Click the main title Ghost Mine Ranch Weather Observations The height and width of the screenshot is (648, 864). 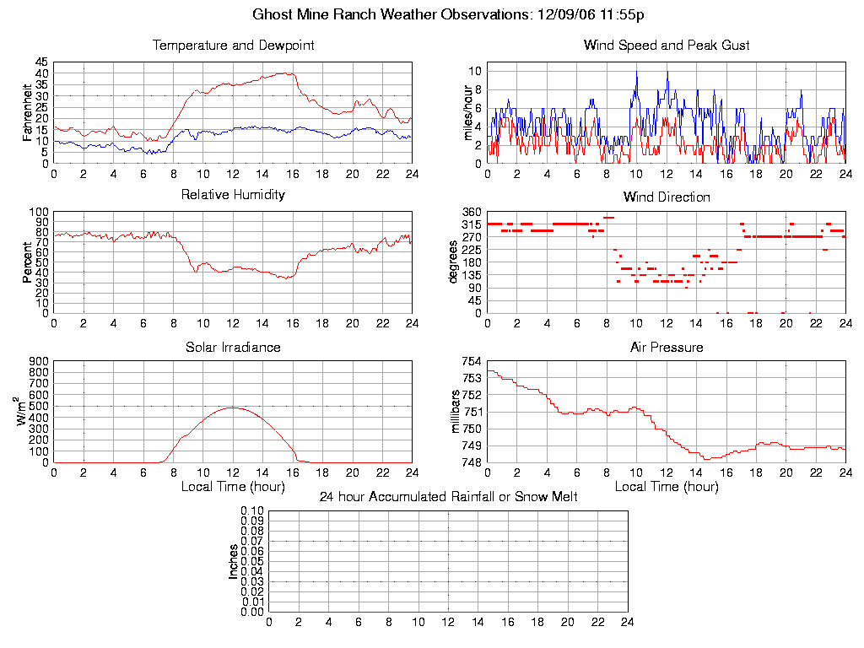tap(449, 14)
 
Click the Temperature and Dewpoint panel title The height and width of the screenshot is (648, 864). tap(233, 46)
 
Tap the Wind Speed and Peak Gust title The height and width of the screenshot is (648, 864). tap(667, 46)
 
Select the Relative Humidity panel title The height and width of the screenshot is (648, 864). tap(233, 195)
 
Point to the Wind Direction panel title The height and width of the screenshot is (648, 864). tap(667, 197)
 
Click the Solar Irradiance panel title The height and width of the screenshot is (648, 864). tap(233, 347)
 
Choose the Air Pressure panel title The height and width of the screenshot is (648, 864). tap(667, 347)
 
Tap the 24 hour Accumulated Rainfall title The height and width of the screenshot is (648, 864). tap(448, 497)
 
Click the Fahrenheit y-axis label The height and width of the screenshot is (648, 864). tap(28, 112)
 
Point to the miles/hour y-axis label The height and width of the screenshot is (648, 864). tap(461, 112)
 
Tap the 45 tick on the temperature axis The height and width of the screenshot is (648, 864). tap(41, 62)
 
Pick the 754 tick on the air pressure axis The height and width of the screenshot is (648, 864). tap(471, 361)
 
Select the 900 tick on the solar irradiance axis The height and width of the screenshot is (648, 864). tap(38, 361)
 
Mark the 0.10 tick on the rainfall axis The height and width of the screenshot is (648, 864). tap(252, 510)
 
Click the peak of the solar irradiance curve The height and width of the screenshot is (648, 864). tap(233, 408)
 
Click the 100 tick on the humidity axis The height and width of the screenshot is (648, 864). tap(38, 212)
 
